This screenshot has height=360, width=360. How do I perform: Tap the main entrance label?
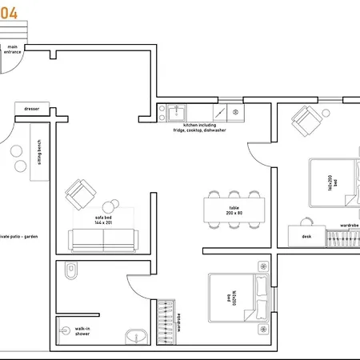tap(13, 50)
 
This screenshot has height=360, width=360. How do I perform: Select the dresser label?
tap(31, 109)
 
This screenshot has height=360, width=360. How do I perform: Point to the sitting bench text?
tap(39, 151)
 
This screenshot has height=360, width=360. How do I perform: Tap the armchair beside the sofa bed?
tap(82, 193)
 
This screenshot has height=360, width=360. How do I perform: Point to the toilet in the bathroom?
tap(70, 273)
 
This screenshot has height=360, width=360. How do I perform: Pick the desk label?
tap(306, 237)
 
